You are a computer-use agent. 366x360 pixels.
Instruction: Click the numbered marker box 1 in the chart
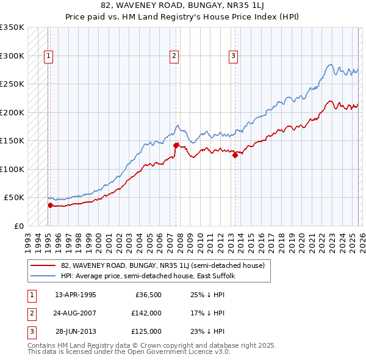(48, 56)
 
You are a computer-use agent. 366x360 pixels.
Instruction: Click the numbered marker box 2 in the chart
(174, 56)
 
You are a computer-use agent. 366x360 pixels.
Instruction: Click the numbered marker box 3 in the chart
(233, 56)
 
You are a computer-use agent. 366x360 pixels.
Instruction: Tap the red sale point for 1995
(50, 205)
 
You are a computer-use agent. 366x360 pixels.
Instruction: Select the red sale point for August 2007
(176, 145)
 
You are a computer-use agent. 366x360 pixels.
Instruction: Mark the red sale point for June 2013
(235, 155)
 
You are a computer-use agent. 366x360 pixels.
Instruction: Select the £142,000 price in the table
(146, 313)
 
